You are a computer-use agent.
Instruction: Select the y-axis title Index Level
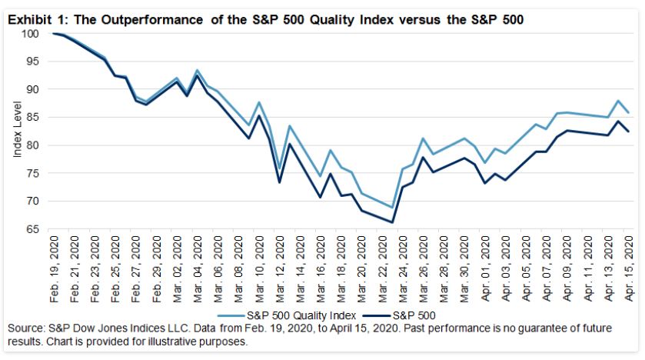[17, 132]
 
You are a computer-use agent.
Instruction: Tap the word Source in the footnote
[24, 328]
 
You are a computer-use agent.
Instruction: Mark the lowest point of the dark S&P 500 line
[392, 222]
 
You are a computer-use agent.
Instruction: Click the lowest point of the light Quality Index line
[392, 207]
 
